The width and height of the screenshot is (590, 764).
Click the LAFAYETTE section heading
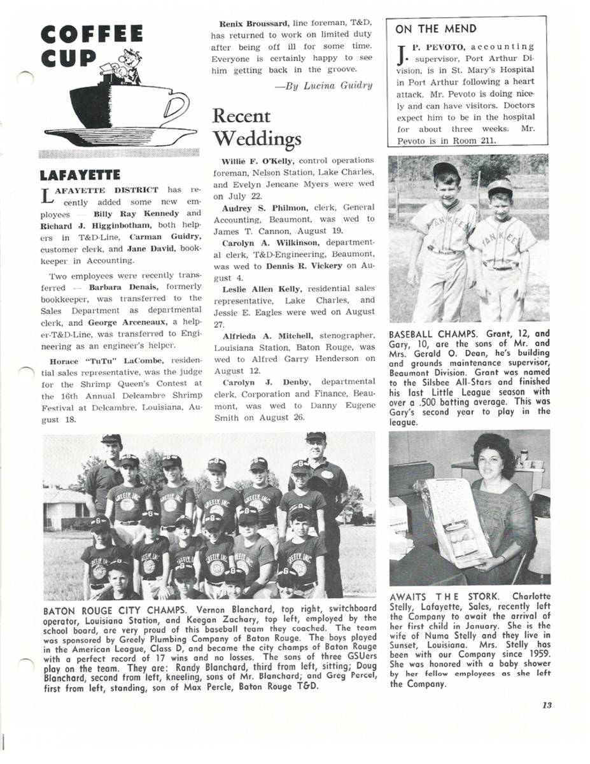coord(80,174)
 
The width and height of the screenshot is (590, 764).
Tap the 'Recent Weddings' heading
coord(256,127)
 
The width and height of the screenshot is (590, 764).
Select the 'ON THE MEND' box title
coord(436,29)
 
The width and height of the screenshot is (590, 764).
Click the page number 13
coord(547,704)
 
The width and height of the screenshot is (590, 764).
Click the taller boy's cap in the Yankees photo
coord(446,170)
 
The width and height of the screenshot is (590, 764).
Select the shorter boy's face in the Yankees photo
coord(500,201)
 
